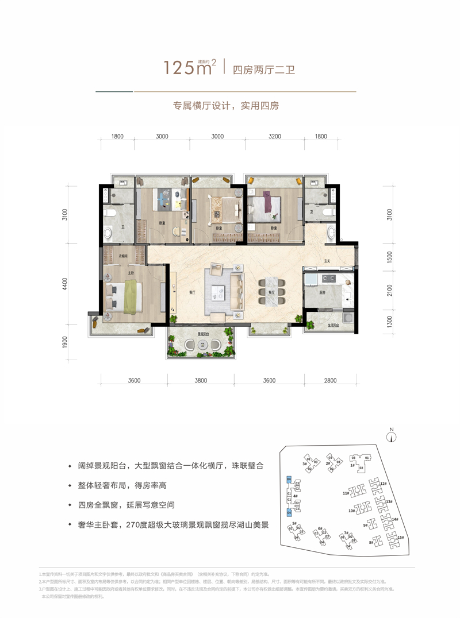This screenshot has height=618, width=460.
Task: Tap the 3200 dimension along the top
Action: [x=274, y=137]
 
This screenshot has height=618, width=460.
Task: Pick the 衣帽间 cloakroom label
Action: [x=123, y=256]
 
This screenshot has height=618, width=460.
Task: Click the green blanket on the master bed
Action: [x=132, y=292]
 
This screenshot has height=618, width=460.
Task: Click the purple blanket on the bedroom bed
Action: [x=270, y=202]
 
